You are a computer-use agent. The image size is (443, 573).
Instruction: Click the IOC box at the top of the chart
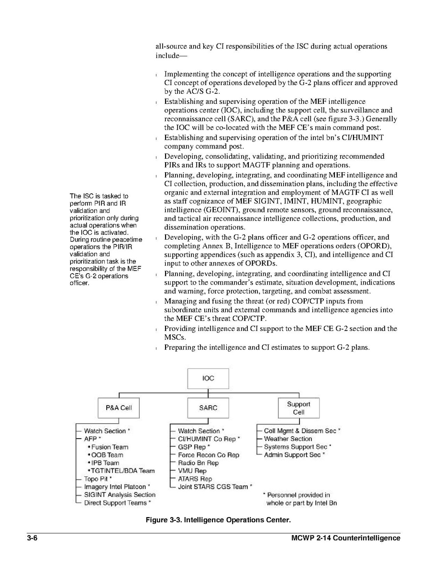[x=208, y=378]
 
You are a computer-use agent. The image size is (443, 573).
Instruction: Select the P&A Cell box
[x=119, y=408]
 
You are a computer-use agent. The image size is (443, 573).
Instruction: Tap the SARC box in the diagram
[x=208, y=408]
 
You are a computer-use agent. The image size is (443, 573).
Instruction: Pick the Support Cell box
[x=299, y=408]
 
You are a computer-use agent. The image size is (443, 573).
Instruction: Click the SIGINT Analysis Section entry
[x=120, y=495]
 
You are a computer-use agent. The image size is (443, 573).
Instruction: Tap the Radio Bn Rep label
[x=198, y=463]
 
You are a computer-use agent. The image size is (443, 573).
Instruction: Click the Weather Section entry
[x=288, y=439]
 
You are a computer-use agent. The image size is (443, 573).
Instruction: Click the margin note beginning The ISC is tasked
[x=106, y=239]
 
